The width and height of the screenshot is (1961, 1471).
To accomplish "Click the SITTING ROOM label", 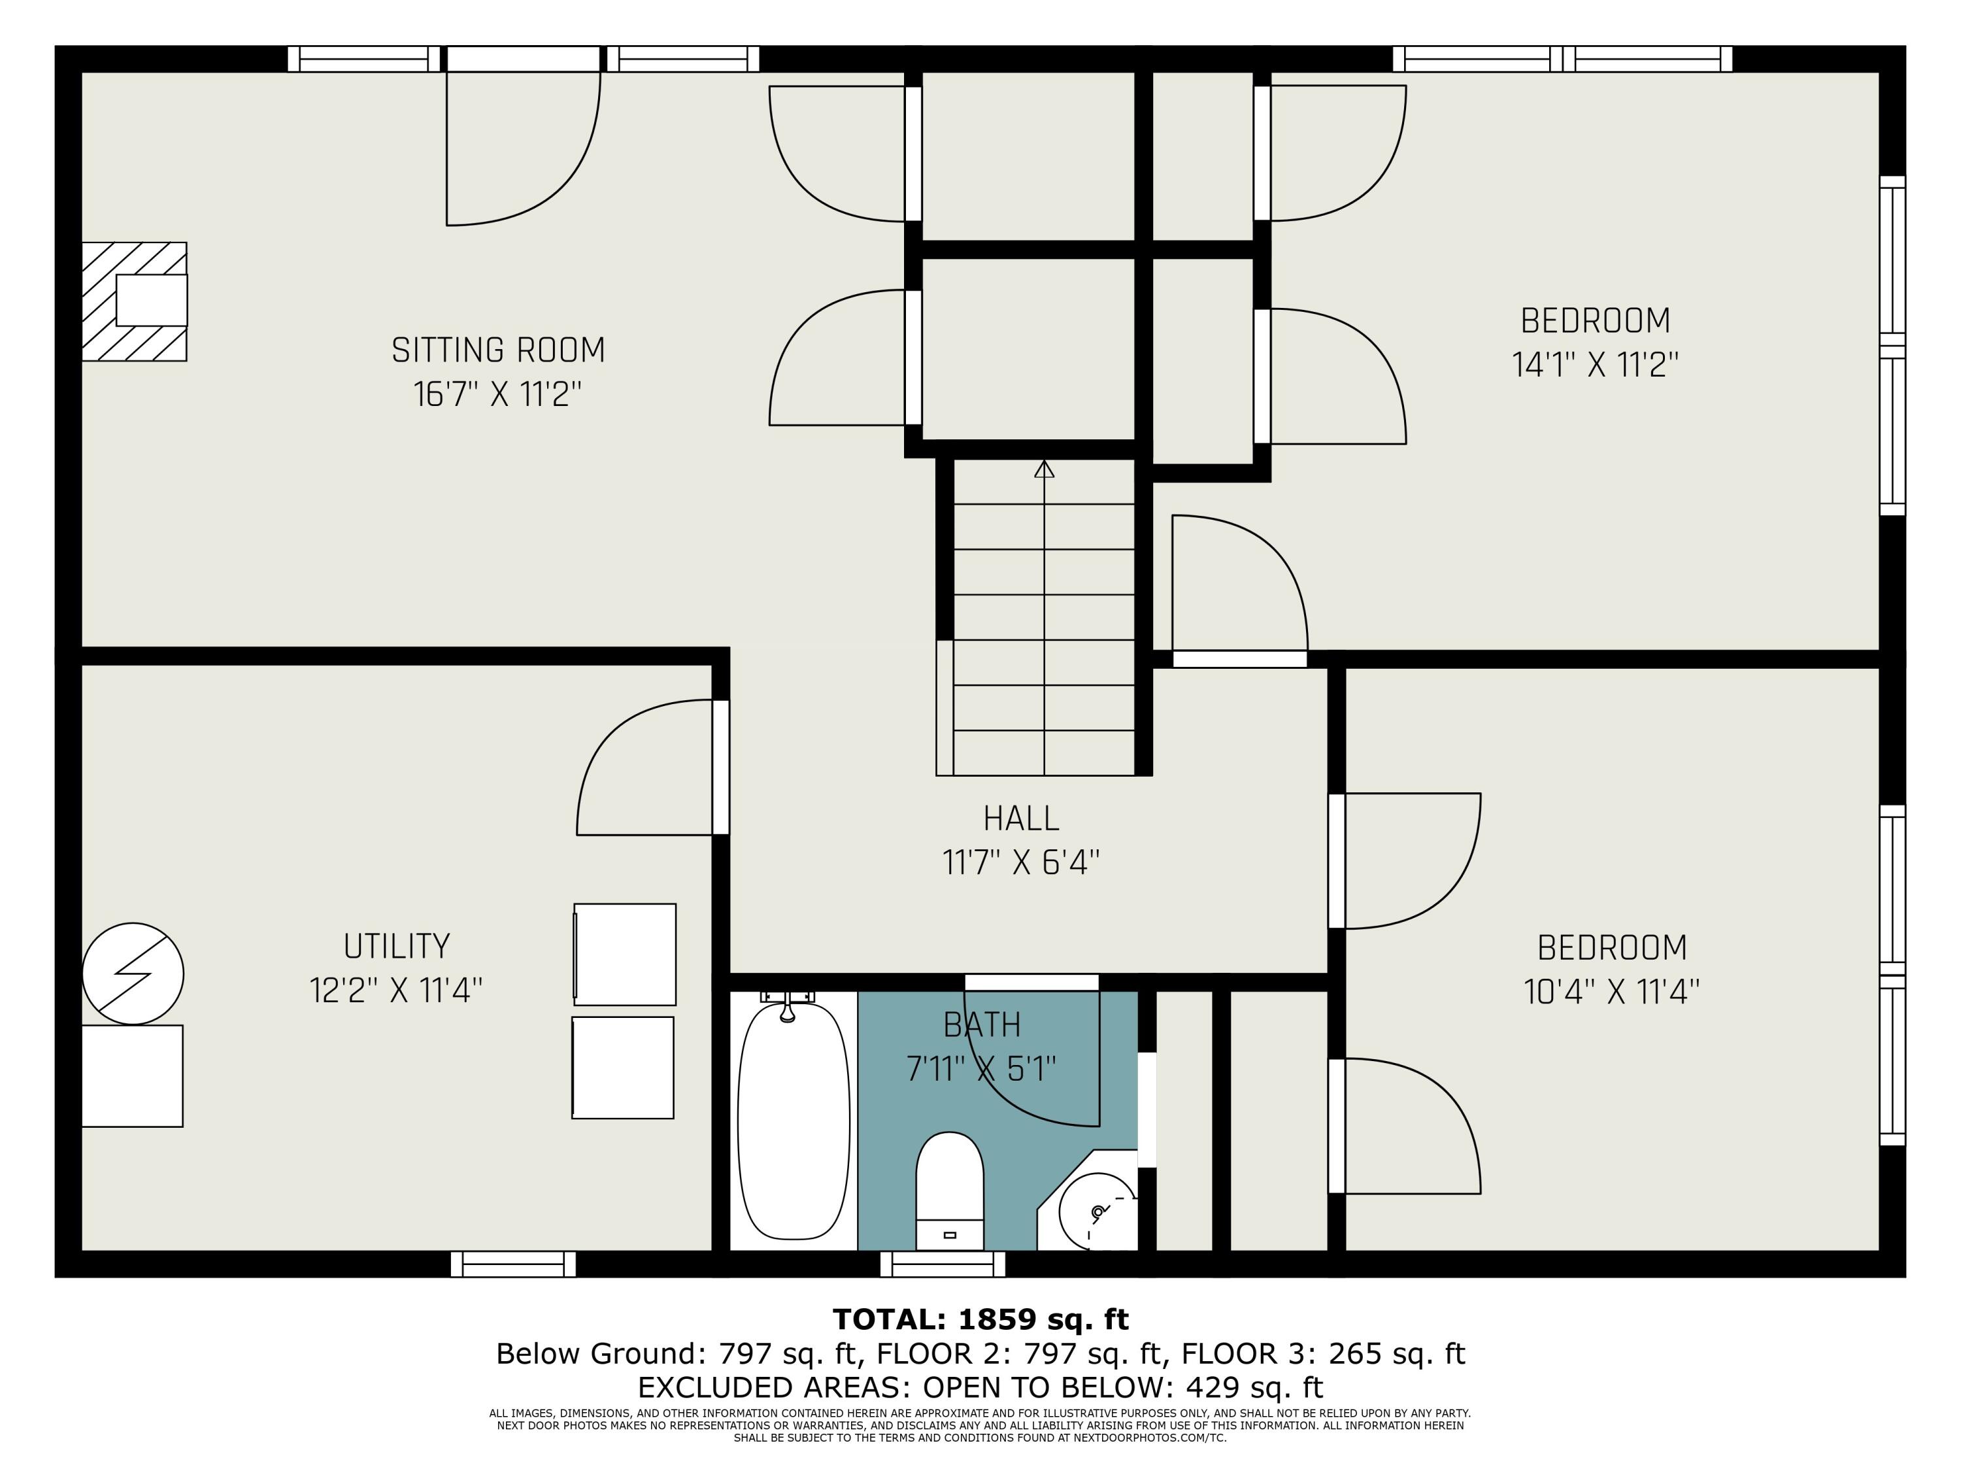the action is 498,350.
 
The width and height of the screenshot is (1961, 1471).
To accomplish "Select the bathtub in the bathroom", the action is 794,1120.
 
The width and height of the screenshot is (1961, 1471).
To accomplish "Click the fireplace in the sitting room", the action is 135,301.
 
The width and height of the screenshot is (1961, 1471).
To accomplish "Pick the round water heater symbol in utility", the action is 133,973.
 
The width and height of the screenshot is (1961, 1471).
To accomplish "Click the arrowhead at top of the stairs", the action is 1045,469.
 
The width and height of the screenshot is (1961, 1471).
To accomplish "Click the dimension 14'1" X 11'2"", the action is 1595,364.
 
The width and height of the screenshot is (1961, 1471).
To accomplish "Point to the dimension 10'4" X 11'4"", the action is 1612,991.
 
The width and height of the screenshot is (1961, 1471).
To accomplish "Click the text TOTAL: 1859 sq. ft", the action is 980,1319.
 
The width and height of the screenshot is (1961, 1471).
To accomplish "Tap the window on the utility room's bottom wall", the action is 513,1264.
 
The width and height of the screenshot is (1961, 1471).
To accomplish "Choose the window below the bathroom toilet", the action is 943,1264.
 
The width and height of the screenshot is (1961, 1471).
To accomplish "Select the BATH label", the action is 981,1025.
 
